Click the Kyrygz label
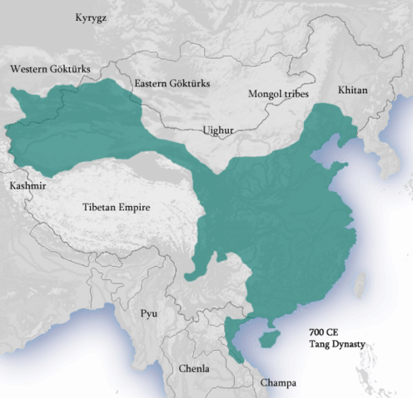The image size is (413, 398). click(92, 17)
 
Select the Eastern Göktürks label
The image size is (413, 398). click(172, 84)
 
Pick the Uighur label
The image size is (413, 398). click(218, 130)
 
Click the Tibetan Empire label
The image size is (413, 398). click(116, 207)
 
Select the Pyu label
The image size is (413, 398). click(149, 313)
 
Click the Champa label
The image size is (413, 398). click(277, 383)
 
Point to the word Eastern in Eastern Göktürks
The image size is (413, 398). click(152, 84)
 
